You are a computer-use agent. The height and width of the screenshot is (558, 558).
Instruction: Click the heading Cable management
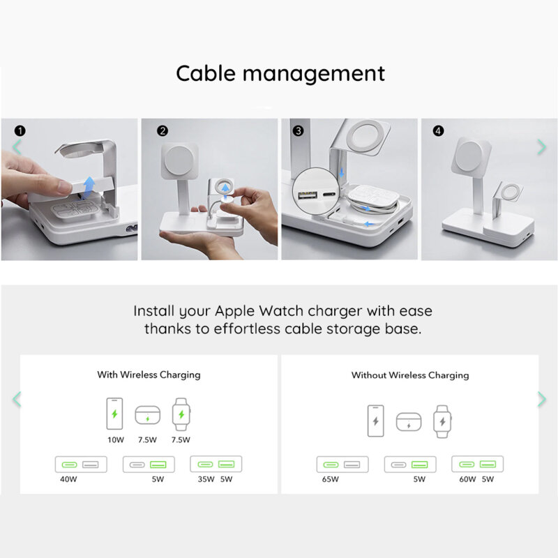pos(280,73)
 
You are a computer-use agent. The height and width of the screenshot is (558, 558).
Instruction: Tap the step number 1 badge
pos(20,130)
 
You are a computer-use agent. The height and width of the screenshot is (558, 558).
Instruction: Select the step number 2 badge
pos(163,130)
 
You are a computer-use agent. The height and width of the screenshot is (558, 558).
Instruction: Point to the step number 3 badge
pos(298,130)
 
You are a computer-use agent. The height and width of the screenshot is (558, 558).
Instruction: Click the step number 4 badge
pos(438,130)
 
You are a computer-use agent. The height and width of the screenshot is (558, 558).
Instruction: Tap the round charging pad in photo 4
pos(473,155)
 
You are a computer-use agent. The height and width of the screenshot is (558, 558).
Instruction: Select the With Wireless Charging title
pos(149,375)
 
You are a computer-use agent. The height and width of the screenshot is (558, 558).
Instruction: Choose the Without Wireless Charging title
pos(409,375)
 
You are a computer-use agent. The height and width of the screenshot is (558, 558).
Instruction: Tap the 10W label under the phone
pos(115,440)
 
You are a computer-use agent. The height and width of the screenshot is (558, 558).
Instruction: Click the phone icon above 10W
pos(115,414)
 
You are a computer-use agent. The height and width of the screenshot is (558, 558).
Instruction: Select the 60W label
pos(468,479)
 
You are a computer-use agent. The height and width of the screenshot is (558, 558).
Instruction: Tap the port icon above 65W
pos(342,465)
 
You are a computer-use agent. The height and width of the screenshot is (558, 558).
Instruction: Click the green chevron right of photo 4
pos(541,146)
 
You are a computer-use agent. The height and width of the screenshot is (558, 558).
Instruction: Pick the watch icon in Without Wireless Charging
pos(442,421)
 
